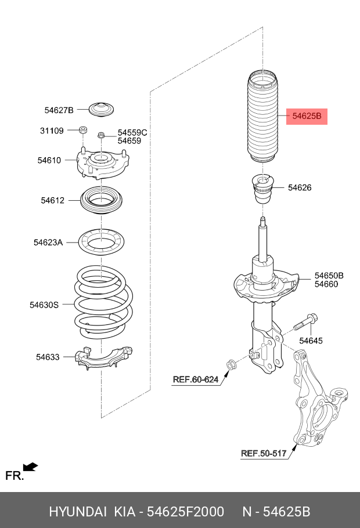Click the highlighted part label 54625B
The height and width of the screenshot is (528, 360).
click(307, 116)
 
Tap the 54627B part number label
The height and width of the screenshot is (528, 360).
click(59, 110)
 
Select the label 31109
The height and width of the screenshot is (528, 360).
click(52, 131)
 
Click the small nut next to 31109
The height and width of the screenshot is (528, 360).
click(83, 129)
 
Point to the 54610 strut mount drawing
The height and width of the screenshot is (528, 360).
click(102, 164)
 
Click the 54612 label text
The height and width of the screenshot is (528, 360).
click(52, 200)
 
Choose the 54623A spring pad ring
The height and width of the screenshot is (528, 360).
click(102, 242)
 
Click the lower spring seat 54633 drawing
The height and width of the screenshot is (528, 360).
click(105, 358)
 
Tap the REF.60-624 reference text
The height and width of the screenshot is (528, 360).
click(195, 380)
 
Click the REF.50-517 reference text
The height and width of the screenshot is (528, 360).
click(264, 453)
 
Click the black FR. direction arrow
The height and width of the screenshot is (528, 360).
click(30, 466)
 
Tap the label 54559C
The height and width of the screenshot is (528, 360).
click(132, 133)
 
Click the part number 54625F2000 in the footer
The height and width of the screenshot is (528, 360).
click(185, 512)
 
